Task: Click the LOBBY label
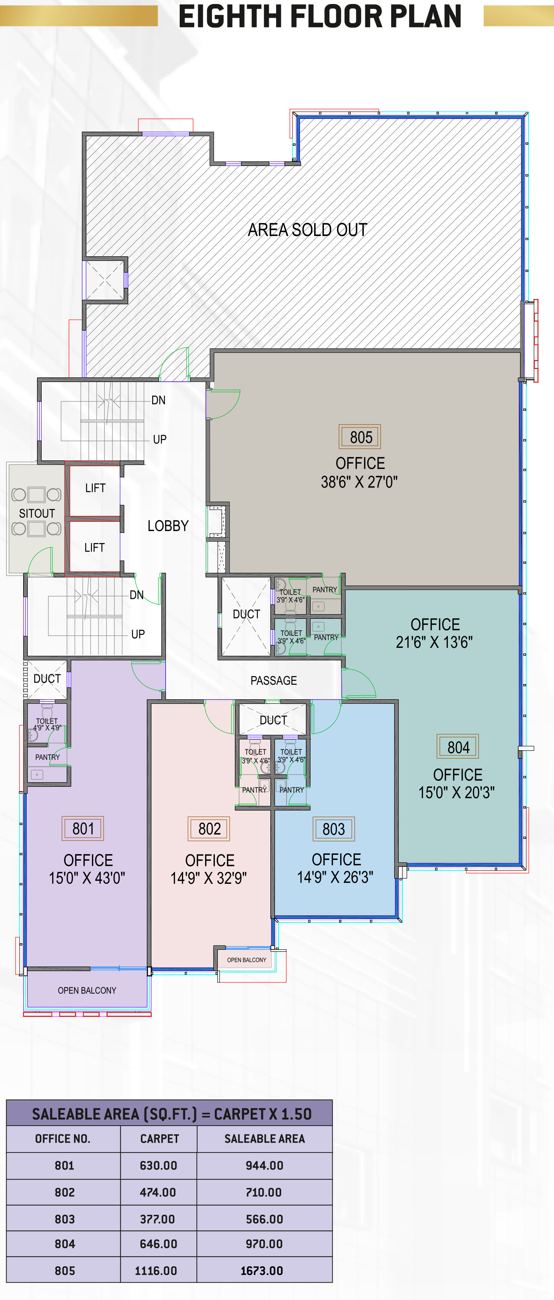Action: click(x=168, y=526)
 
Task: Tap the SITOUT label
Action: click(x=37, y=513)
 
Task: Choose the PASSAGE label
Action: click(x=274, y=680)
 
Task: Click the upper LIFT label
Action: click(x=95, y=488)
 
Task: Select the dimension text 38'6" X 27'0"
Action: click(x=359, y=482)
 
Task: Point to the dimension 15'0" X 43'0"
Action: click(x=87, y=878)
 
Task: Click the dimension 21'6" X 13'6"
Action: click(x=434, y=642)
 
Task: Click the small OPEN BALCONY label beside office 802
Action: click(x=246, y=960)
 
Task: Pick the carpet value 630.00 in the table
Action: click(x=158, y=1165)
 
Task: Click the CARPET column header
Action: click(x=159, y=1139)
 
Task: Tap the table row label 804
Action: click(x=64, y=1244)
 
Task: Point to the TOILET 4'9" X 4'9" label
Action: click(x=47, y=724)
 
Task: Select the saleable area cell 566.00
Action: click(x=264, y=1219)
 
